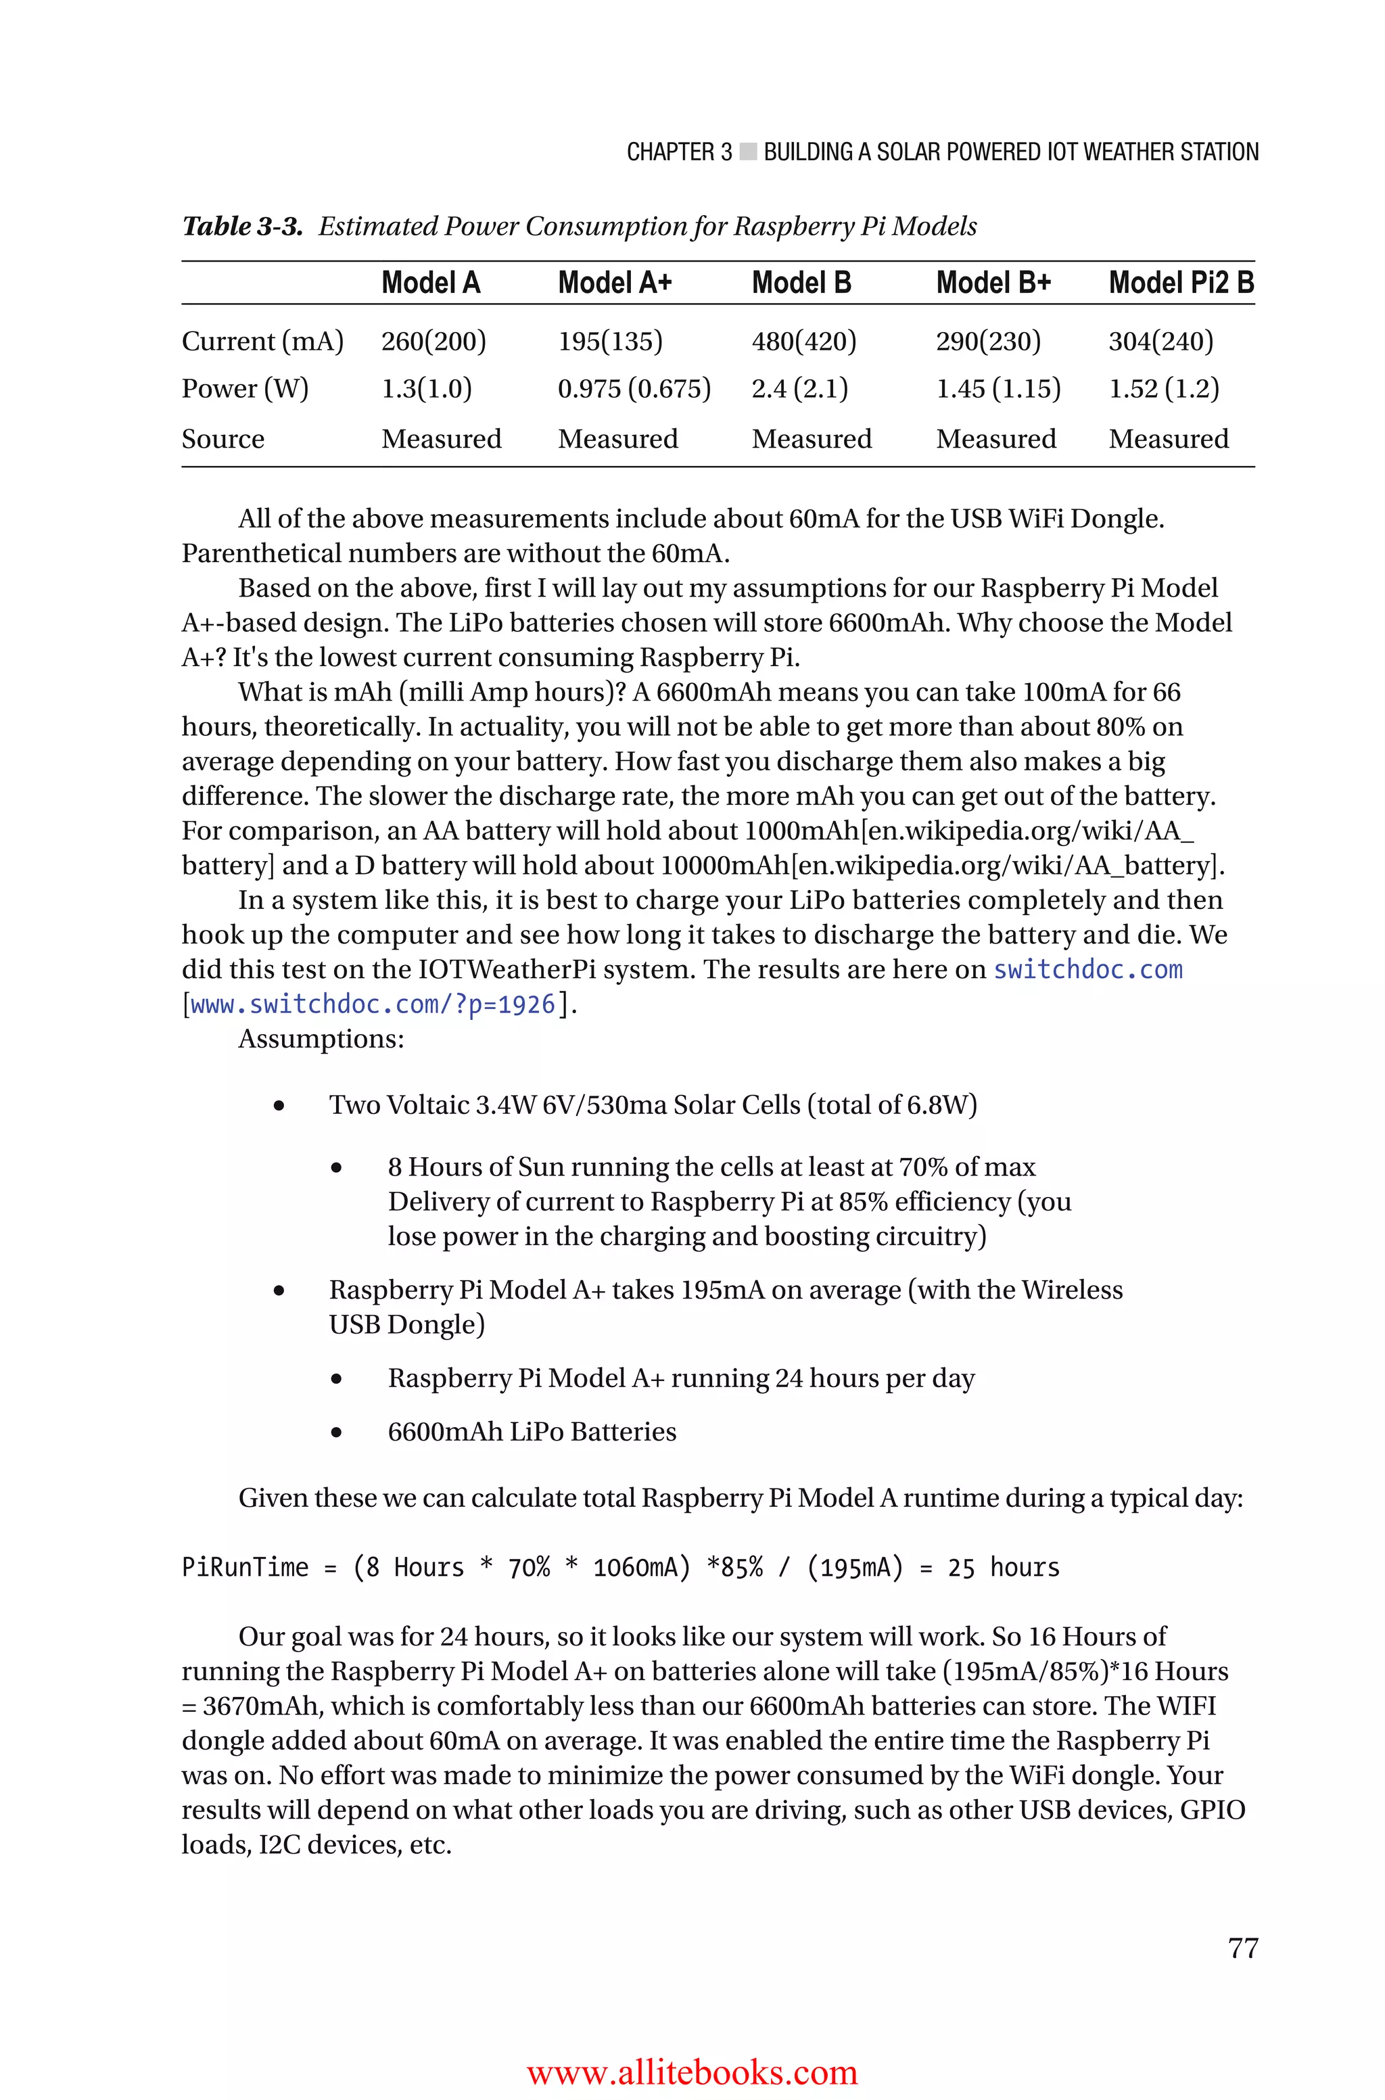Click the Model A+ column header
point(615,283)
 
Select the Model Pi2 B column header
point(1181,283)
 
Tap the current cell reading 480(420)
point(804,341)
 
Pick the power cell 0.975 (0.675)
point(634,389)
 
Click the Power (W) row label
point(245,389)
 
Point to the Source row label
point(222,439)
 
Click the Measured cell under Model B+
point(995,439)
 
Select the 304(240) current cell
point(1160,341)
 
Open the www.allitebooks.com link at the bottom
point(692,2072)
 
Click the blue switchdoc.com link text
point(1087,970)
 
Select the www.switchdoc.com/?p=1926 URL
point(373,1005)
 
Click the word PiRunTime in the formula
point(245,1568)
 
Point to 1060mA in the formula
point(640,1568)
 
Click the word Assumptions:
point(321,1040)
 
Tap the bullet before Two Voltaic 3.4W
point(279,1106)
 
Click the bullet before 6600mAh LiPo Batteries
point(337,1432)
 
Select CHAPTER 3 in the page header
point(678,153)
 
